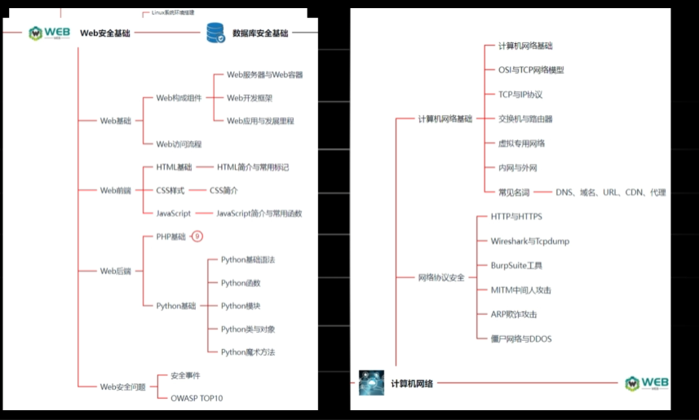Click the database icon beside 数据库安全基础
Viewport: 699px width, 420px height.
click(216, 33)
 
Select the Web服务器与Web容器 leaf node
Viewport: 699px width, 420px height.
click(265, 74)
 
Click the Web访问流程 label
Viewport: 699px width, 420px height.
click(179, 144)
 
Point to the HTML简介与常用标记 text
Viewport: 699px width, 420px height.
click(253, 167)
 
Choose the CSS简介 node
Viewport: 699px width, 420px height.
click(223, 190)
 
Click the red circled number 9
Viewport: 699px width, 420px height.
click(197, 237)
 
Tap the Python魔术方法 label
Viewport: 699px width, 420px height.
click(248, 352)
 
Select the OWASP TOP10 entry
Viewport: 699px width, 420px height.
click(197, 398)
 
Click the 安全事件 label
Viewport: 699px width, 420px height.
click(185, 375)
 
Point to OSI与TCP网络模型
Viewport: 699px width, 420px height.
click(531, 70)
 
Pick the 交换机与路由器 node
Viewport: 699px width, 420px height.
click(525, 119)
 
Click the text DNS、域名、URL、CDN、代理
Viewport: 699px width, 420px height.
click(611, 192)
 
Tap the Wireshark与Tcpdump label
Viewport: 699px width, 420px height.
click(530, 241)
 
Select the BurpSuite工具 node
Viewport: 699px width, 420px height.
click(516, 266)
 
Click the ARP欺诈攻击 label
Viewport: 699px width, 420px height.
click(514, 314)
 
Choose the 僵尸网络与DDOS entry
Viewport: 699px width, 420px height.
click(521, 338)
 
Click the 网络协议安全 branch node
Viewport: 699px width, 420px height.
click(441, 277)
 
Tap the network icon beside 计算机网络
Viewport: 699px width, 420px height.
click(371, 382)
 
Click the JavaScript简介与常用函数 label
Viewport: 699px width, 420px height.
click(259, 214)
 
